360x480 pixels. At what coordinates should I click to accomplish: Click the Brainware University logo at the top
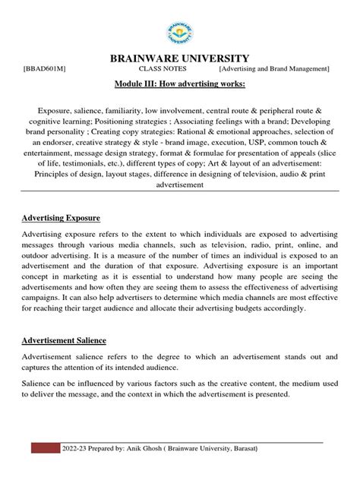[x=179, y=33]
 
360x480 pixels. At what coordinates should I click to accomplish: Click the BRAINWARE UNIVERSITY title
[x=179, y=58]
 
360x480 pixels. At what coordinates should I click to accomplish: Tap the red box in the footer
[x=46, y=447]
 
